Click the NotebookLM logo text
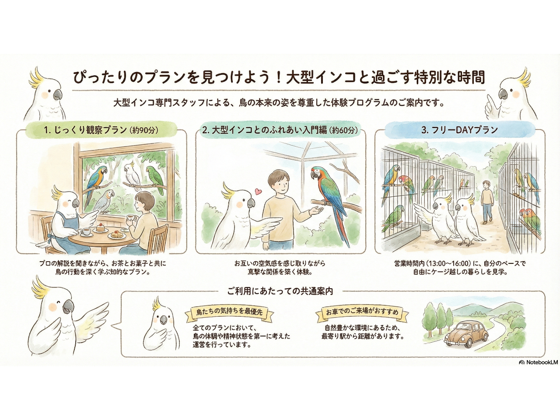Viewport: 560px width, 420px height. pos(539,362)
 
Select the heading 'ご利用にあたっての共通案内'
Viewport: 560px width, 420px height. pos(280,291)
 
